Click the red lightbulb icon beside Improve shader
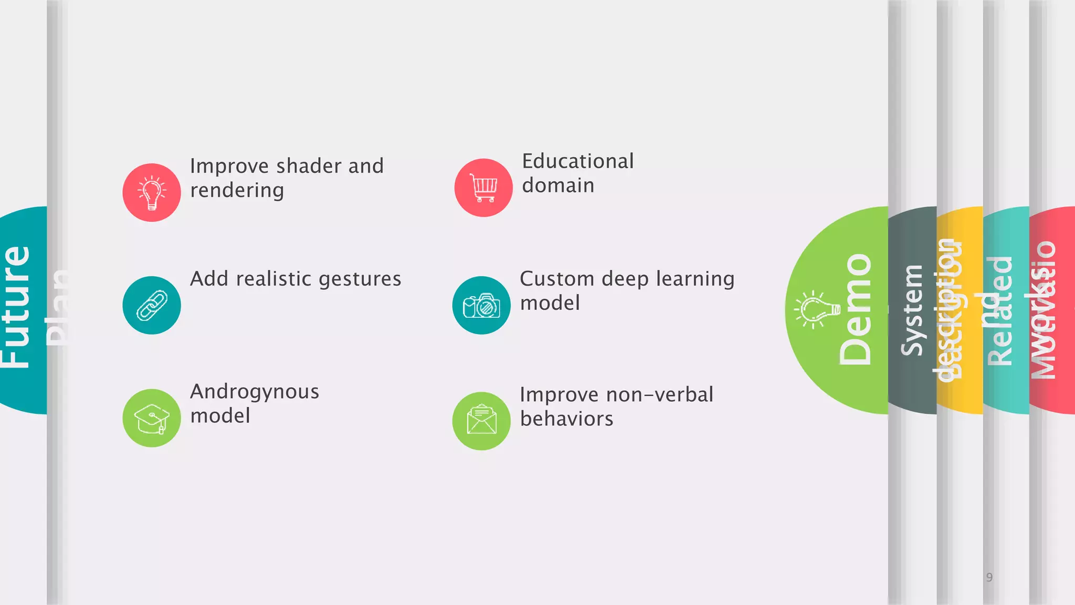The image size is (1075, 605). [152, 193]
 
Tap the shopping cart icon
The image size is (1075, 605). [483, 188]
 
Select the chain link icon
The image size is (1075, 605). [152, 305]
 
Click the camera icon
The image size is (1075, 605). [481, 305]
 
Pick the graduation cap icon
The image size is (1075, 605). [152, 418]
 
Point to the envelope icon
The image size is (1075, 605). [481, 421]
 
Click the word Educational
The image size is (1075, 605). [578, 161]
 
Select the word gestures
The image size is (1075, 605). [360, 279]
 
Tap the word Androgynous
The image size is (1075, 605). [255, 392]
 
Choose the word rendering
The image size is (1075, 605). [237, 191]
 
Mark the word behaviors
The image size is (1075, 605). [566, 419]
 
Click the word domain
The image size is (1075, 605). [558, 185]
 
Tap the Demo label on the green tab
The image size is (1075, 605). [856, 310]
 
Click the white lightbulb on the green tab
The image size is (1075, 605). [816, 310]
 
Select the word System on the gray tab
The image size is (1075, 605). [912, 310]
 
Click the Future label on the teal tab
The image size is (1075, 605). [16, 307]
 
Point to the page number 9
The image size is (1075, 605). [989, 578]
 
